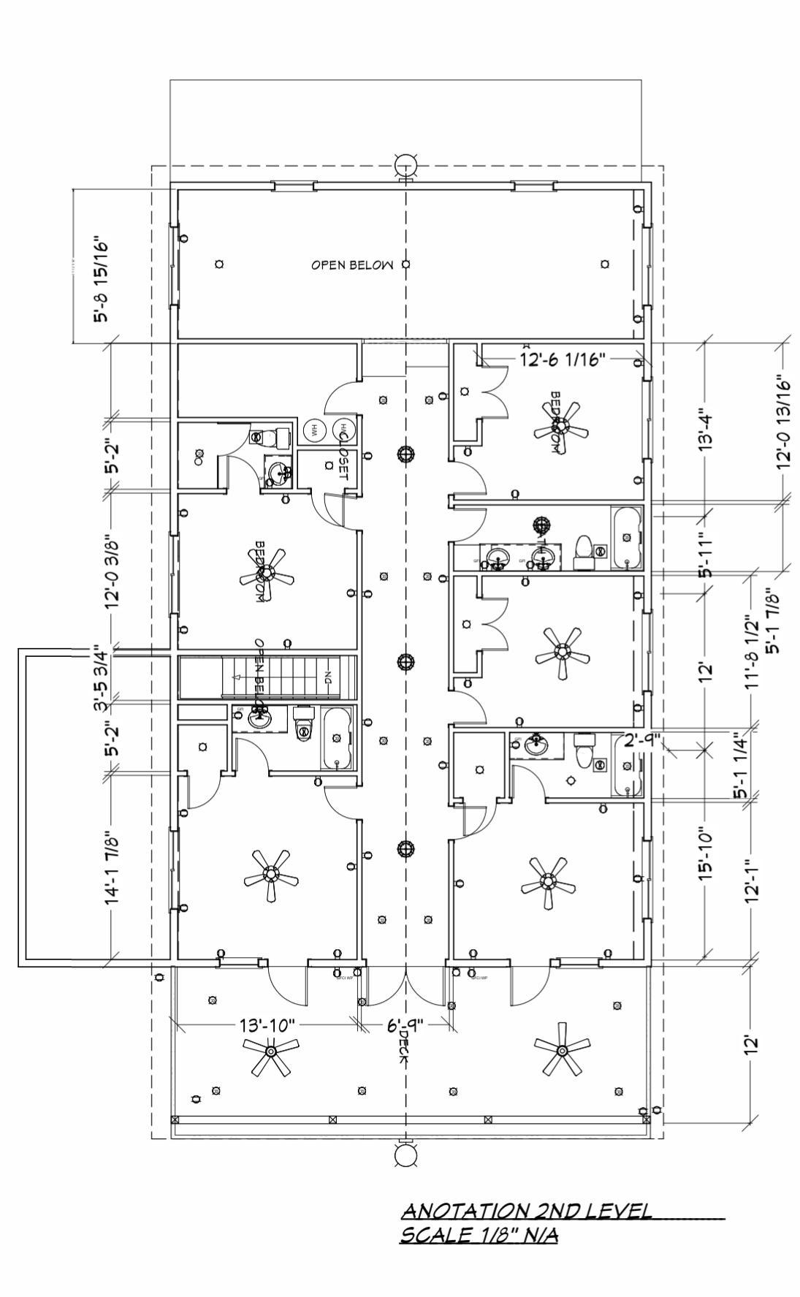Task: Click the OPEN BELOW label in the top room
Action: [x=352, y=265]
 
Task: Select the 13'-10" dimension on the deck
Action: [x=267, y=1025]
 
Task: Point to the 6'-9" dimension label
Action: [x=405, y=1025]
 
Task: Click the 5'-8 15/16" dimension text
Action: [x=101, y=279]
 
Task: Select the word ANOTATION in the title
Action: [x=466, y=1211]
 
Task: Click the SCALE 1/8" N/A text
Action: [x=479, y=1235]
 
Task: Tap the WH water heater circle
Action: [x=315, y=430]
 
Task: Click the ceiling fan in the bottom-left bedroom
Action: [x=271, y=874]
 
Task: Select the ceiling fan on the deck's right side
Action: [x=562, y=1050]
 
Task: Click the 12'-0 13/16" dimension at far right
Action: [x=784, y=422]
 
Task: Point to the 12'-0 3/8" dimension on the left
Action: [x=112, y=571]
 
